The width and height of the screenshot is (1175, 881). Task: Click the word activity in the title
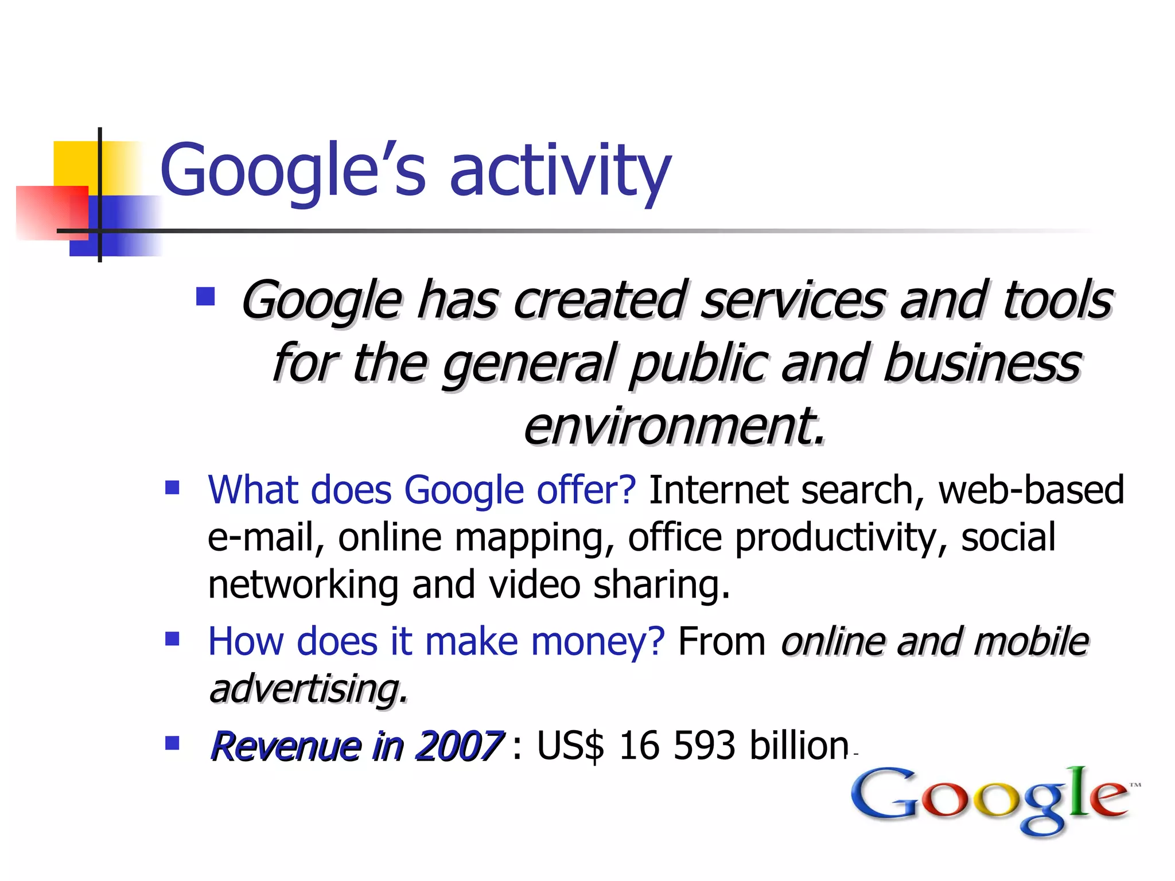point(560,170)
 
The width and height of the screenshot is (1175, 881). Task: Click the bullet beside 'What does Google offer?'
point(172,488)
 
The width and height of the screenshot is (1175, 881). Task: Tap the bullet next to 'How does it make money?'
point(172,638)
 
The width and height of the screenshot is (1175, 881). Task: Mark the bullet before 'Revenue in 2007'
point(172,743)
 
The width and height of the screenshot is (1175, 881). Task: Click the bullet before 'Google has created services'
point(205,297)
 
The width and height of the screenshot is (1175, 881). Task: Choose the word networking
point(303,586)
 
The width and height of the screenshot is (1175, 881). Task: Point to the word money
point(597,641)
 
